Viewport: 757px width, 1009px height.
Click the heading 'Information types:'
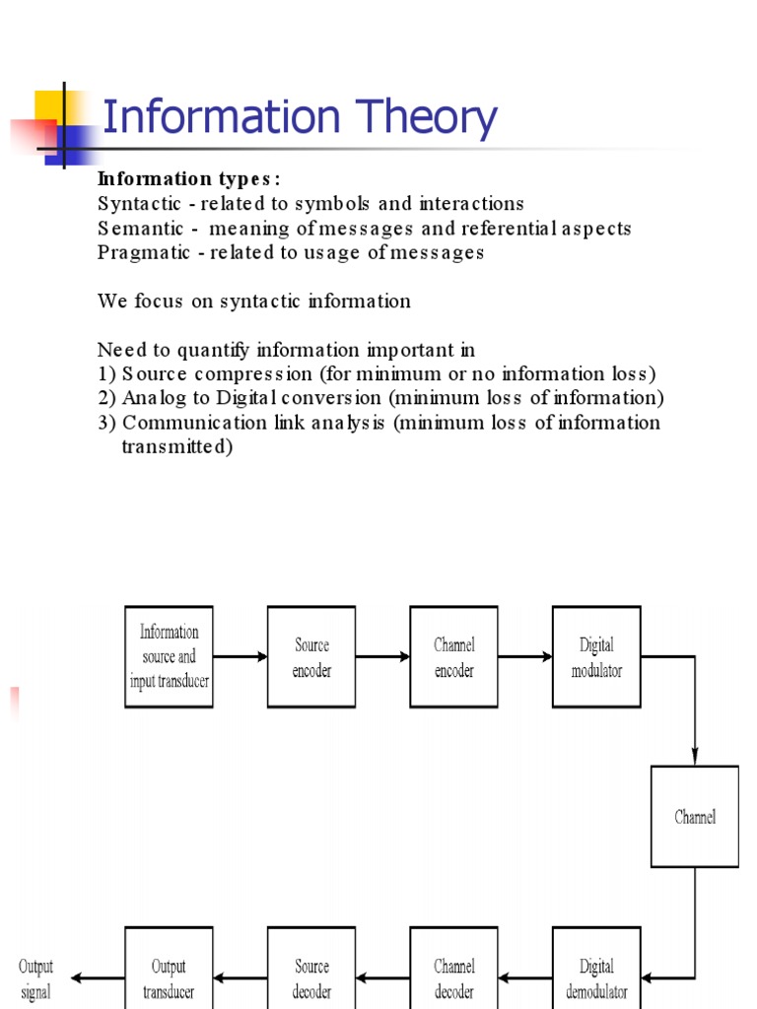188,178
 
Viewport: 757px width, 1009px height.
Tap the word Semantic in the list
138,229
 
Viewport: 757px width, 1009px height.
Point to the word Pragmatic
141,252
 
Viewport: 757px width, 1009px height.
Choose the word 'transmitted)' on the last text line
176,446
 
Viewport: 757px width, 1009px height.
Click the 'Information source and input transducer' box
169,656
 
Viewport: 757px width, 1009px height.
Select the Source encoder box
311,656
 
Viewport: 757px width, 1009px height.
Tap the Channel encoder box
453,656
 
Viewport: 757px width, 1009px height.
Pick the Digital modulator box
596,656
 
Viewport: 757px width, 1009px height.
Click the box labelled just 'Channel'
695,817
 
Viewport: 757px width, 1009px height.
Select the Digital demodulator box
596,975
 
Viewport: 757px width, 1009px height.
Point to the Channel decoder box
453,975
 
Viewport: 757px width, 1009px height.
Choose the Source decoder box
311,975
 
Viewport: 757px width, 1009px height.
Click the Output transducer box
169,975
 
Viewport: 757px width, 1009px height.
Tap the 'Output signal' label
36,978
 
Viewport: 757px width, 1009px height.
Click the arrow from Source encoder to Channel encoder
382,656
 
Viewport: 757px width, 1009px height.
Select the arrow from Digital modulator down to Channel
695,709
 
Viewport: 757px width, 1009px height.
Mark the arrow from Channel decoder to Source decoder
382,978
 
